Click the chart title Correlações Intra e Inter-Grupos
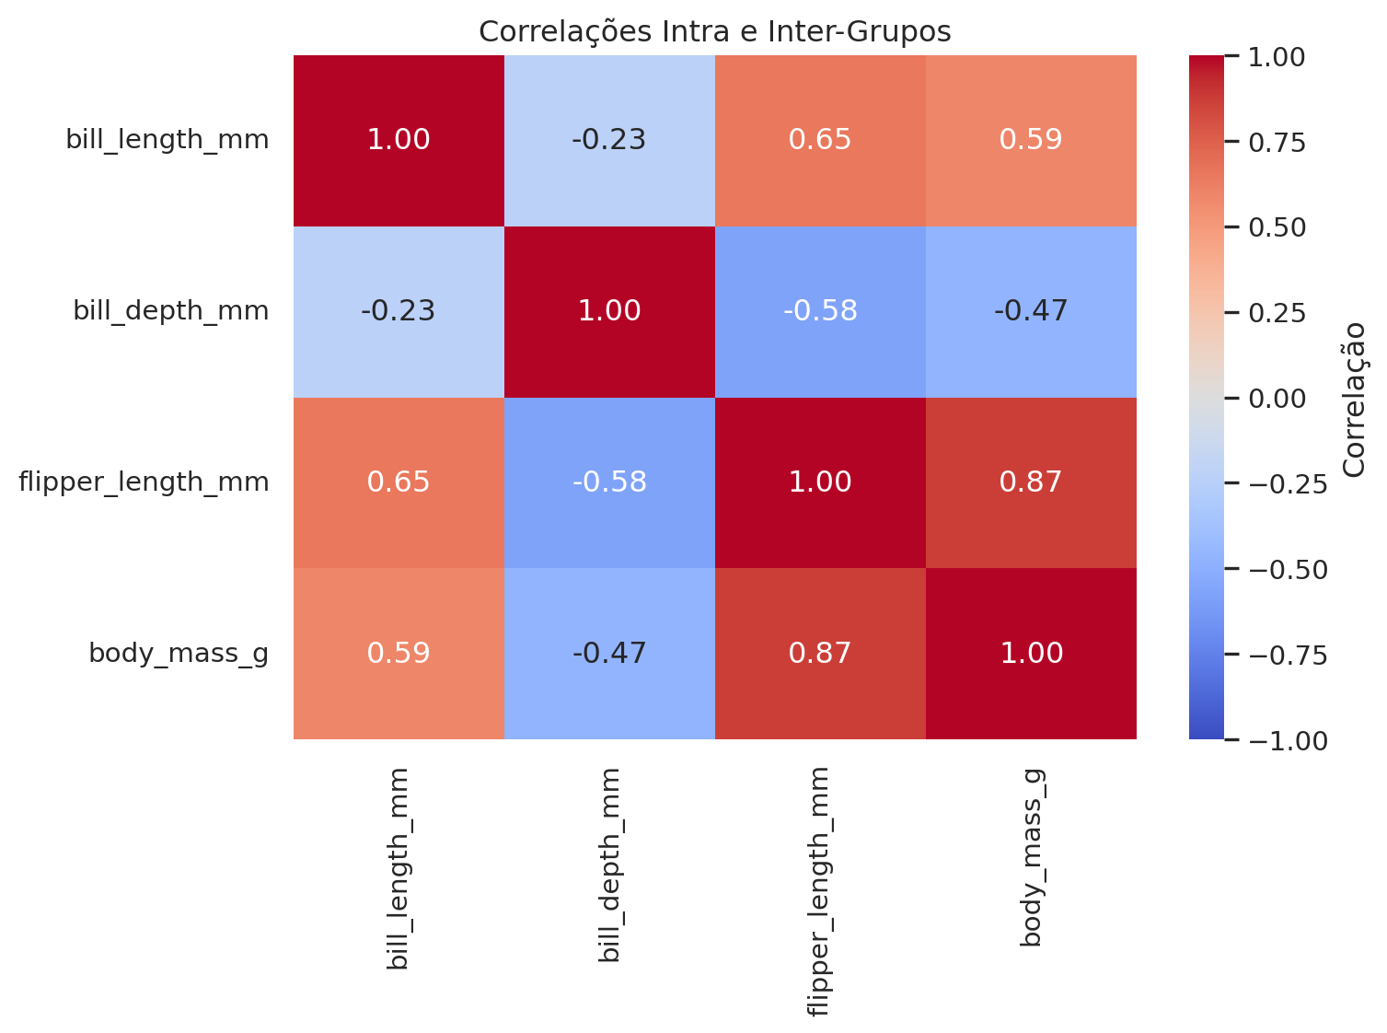tap(714, 31)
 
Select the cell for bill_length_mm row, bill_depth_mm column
tap(609, 140)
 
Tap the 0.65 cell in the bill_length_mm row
tap(820, 140)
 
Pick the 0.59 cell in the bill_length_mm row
tap(1031, 140)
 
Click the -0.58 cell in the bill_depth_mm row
tap(820, 311)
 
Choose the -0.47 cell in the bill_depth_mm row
tap(1031, 311)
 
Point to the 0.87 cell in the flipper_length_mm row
tap(1031, 482)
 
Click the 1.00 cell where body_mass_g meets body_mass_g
tap(1031, 654)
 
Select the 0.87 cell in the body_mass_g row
tap(820, 654)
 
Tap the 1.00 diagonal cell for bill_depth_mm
tap(609, 311)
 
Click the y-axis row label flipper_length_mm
tap(144, 482)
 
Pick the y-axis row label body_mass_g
tap(179, 654)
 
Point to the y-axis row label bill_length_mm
tap(168, 140)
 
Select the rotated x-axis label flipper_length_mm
tap(819, 890)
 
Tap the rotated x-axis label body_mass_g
tap(1031, 856)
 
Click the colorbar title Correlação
tap(1354, 398)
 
